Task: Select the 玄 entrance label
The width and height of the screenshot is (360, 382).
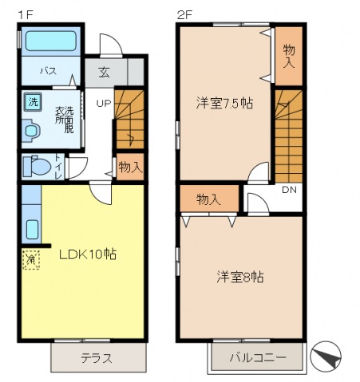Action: pyautogui.click(x=105, y=72)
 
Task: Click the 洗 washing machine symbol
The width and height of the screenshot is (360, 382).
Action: pyautogui.click(x=33, y=101)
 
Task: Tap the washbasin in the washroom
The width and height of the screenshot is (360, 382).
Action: pyautogui.click(x=31, y=130)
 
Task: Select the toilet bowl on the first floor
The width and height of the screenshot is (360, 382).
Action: pyautogui.click(x=37, y=167)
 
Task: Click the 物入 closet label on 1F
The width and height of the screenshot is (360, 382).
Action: pyautogui.click(x=129, y=167)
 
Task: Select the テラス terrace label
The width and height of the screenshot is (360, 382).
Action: pyautogui.click(x=96, y=357)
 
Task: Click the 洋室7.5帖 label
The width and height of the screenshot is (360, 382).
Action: pyautogui.click(x=220, y=103)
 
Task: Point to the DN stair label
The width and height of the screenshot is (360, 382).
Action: pyautogui.click(x=288, y=189)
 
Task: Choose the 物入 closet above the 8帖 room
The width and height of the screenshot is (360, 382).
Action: pyautogui.click(x=208, y=199)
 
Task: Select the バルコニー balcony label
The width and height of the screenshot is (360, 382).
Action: pyautogui.click(x=259, y=357)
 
